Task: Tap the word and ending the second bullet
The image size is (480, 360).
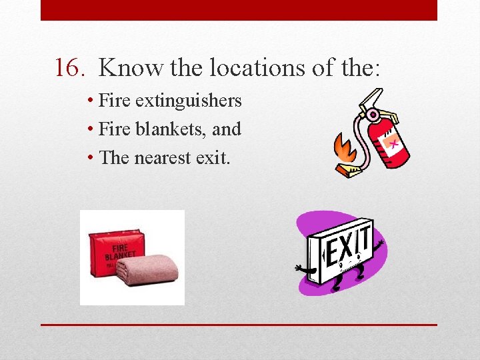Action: pos(226,129)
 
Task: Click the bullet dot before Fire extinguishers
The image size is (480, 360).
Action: pos(90,101)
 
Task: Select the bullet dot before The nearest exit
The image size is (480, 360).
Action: pos(90,158)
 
